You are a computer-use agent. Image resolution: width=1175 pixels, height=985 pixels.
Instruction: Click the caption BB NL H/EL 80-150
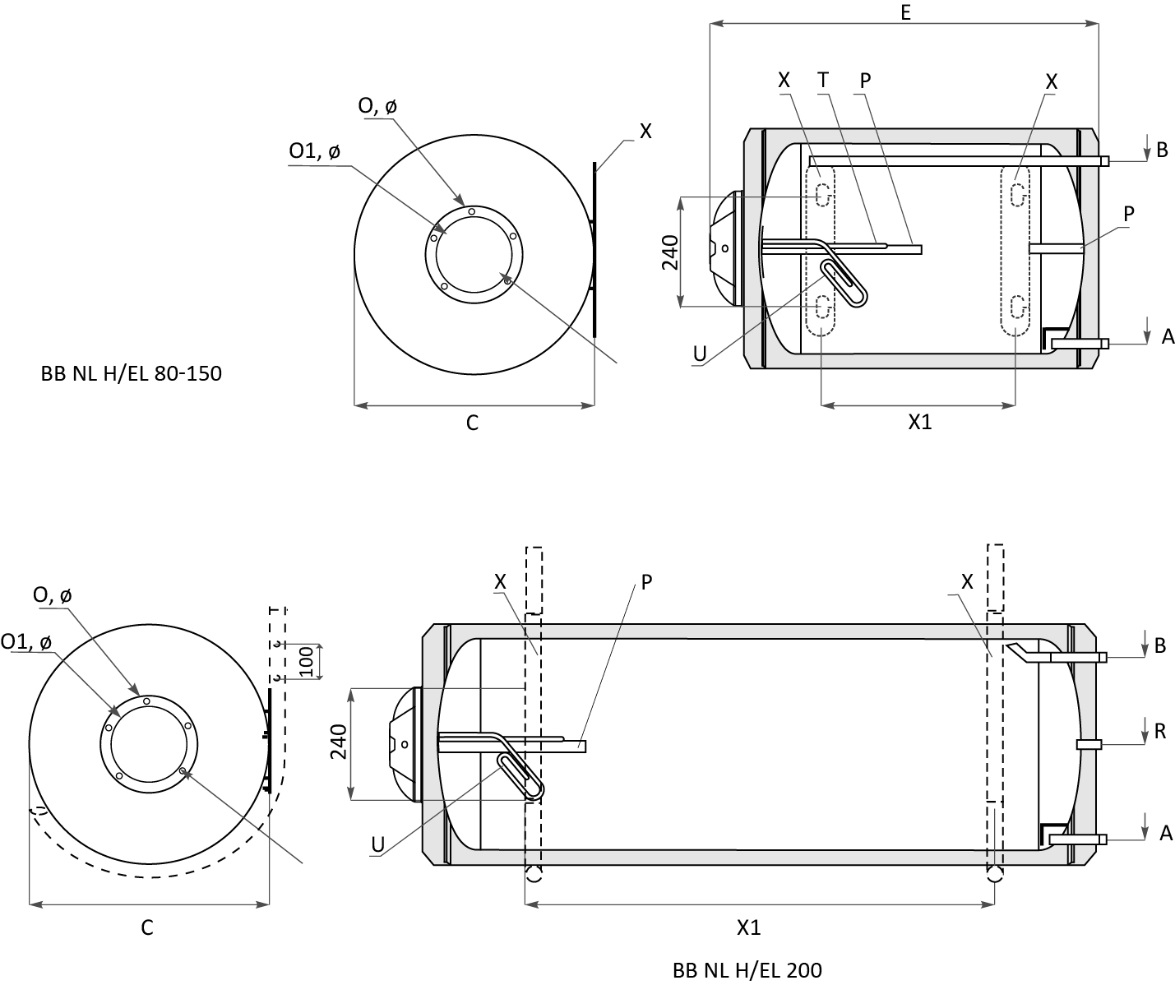[132, 373]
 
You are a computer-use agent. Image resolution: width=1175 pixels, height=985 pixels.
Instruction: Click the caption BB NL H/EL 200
[747, 970]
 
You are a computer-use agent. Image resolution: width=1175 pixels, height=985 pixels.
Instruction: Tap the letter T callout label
[823, 80]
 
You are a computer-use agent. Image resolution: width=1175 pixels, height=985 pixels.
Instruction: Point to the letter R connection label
[1160, 731]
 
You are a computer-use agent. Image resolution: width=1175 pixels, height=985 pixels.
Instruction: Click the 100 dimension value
[307, 662]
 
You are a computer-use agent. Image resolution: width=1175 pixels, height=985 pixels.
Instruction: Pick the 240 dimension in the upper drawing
[669, 252]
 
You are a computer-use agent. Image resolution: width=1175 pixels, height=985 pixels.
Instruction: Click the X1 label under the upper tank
[920, 422]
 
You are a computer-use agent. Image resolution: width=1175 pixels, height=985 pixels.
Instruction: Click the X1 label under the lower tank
[748, 927]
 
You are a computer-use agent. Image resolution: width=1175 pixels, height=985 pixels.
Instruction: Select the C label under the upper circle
[472, 423]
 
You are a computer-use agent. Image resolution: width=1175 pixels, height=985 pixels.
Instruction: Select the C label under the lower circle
[147, 927]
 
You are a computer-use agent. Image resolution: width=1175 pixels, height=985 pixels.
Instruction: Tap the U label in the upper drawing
[700, 354]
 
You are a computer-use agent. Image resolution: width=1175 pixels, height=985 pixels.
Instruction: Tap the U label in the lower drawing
[377, 844]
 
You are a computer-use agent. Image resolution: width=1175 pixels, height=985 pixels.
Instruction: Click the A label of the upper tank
[1168, 336]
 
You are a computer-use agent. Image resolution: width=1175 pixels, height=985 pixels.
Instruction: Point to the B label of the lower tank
[1160, 645]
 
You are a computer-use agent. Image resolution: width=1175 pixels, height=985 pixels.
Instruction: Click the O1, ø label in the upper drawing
[315, 151]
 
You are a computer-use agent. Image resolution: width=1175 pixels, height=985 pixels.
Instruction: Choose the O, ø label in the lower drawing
[52, 595]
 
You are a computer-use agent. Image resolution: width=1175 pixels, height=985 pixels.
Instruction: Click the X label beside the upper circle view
[645, 131]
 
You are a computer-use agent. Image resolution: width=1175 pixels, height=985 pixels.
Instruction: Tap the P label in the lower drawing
[646, 582]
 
